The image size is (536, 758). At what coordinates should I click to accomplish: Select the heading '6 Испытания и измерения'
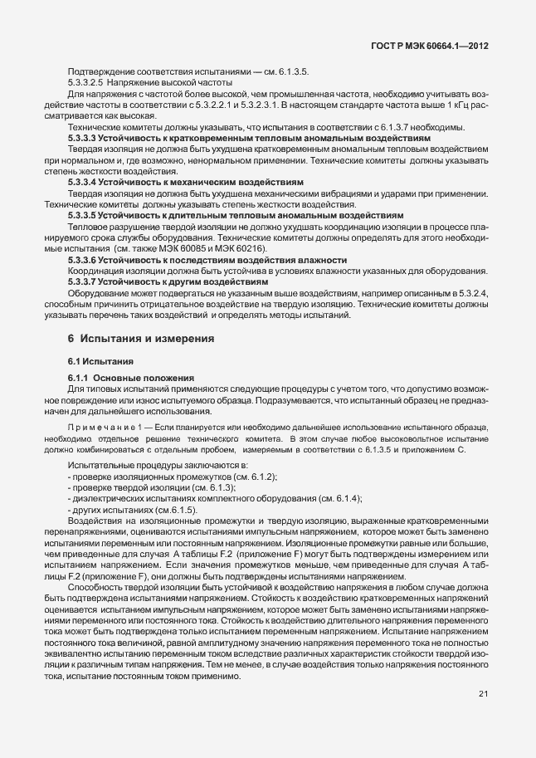141,339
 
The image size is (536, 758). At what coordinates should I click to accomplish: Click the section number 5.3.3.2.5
85,83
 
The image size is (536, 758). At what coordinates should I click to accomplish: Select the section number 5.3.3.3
85,137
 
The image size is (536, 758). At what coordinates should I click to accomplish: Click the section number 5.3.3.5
85,214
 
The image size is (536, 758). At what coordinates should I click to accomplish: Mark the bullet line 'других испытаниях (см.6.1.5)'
132,509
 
